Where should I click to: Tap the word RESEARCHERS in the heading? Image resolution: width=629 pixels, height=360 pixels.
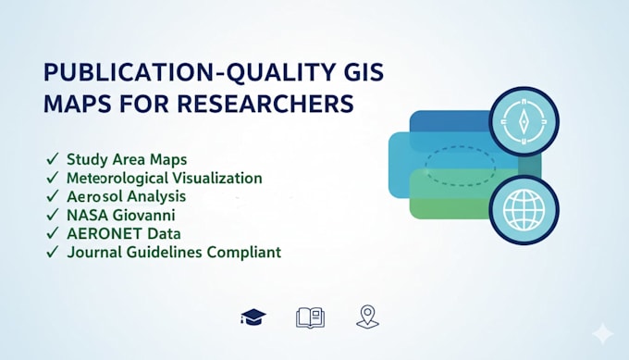[265, 104]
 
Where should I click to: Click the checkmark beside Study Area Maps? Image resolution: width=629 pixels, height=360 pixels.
[53, 159]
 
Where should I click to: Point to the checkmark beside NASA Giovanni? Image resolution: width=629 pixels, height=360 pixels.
[53, 215]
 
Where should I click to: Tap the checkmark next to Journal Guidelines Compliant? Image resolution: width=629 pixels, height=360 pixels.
[53, 252]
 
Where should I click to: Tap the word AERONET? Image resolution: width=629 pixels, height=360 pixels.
[105, 233]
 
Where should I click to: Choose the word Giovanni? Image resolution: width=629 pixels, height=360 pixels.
[143, 215]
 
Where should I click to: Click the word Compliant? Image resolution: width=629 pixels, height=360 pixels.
[244, 253]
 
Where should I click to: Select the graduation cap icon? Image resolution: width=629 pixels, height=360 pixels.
[253, 317]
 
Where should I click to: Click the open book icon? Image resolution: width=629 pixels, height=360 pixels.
[310, 317]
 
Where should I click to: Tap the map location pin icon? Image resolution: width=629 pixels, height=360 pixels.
[367, 317]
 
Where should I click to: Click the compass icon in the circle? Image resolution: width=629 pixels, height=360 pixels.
[524, 121]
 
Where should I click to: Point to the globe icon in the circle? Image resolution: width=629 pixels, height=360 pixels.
[524, 210]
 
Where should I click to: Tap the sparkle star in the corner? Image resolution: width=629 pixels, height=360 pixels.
[603, 334]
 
